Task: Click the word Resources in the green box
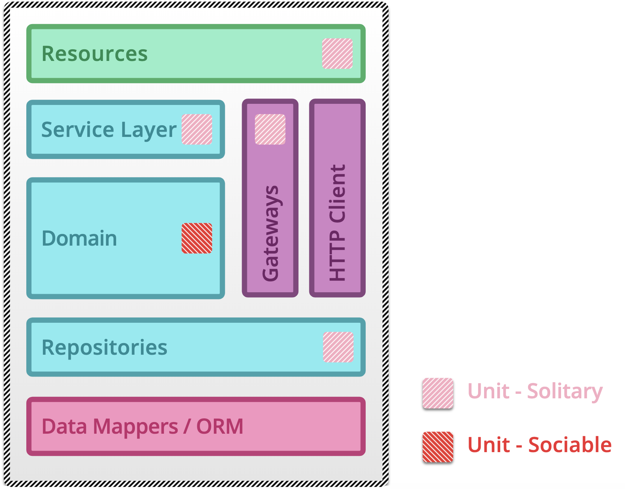[95, 54]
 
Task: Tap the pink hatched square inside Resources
[337, 53]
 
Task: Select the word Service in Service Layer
[77, 130]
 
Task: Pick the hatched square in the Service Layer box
[197, 129]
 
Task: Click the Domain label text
[79, 238]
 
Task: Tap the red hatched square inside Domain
[197, 238]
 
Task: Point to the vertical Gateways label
[271, 233]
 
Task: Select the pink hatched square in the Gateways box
[270, 129]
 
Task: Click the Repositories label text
[104, 348]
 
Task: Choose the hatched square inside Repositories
[338, 347]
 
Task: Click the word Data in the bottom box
[64, 427]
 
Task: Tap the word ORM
[220, 427]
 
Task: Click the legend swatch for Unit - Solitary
[437, 393]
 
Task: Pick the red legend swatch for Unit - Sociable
[437, 447]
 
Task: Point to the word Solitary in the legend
[564, 392]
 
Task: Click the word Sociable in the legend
[570, 445]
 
